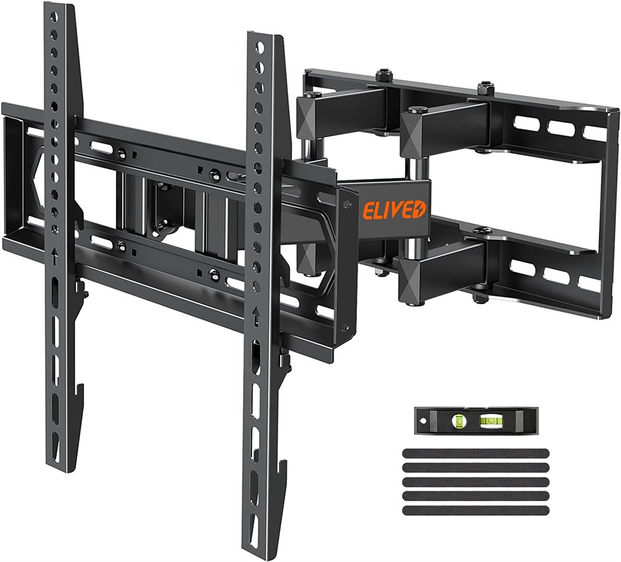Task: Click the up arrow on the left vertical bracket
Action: click(x=54, y=256)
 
